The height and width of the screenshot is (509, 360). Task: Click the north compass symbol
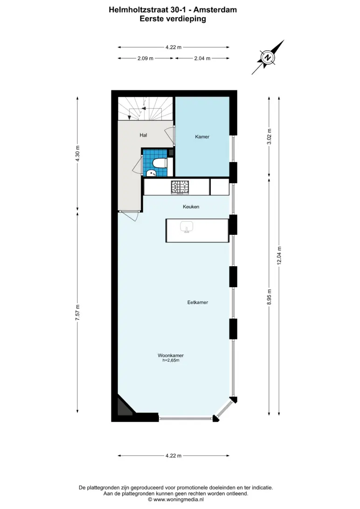pyautogui.click(x=268, y=57)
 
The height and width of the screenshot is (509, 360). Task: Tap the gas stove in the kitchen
pyautogui.click(x=180, y=187)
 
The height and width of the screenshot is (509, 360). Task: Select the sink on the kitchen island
pyautogui.click(x=187, y=227)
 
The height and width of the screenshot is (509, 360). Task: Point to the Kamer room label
pyautogui.click(x=202, y=137)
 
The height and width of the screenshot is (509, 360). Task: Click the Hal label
pyautogui.click(x=143, y=135)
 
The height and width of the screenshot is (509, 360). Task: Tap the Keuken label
pyautogui.click(x=191, y=206)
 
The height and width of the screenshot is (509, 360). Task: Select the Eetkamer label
pyautogui.click(x=197, y=302)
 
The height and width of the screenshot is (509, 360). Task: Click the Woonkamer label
pyautogui.click(x=171, y=356)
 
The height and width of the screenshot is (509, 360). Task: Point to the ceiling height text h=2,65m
pyautogui.click(x=171, y=360)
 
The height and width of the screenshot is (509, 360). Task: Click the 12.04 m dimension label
pyautogui.click(x=279, y=256)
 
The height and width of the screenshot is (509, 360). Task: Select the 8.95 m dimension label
pyautogui.click(x=269, y=297)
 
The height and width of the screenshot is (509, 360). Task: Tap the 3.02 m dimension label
pyautogui.click(x=269, y=137)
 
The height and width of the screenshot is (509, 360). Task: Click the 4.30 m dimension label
pyautogui.click(x=77, y=154)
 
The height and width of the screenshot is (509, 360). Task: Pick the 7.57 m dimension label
pyautogui.click(x=77, y=313)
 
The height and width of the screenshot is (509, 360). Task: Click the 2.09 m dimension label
pyautogui.click(x=145, y=58)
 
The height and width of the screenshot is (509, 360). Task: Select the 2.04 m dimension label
pyautogui.click(x=202, y=58)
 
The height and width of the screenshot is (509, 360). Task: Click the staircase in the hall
pyautogui.click(x=145, y=109)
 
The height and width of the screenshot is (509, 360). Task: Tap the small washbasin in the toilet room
pyautogui.click(x=151, y=172)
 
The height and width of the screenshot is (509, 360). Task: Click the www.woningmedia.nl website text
pyautogui.click(x=178, y=500)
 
